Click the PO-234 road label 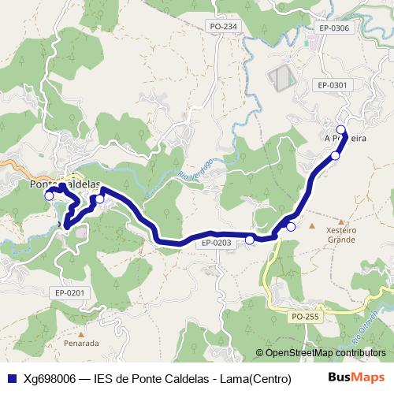coord(223,27)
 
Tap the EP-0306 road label coord(334,28)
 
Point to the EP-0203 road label coord(217,243)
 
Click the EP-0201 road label coord(69,292)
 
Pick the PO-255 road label coord(305,316)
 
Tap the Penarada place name coord(82,344)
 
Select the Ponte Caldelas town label coord(65,183)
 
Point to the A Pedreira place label coord(346,137)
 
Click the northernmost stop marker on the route coord(341,130)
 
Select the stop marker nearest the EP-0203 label coord(250,240)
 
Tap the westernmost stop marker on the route coord(49,195)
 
